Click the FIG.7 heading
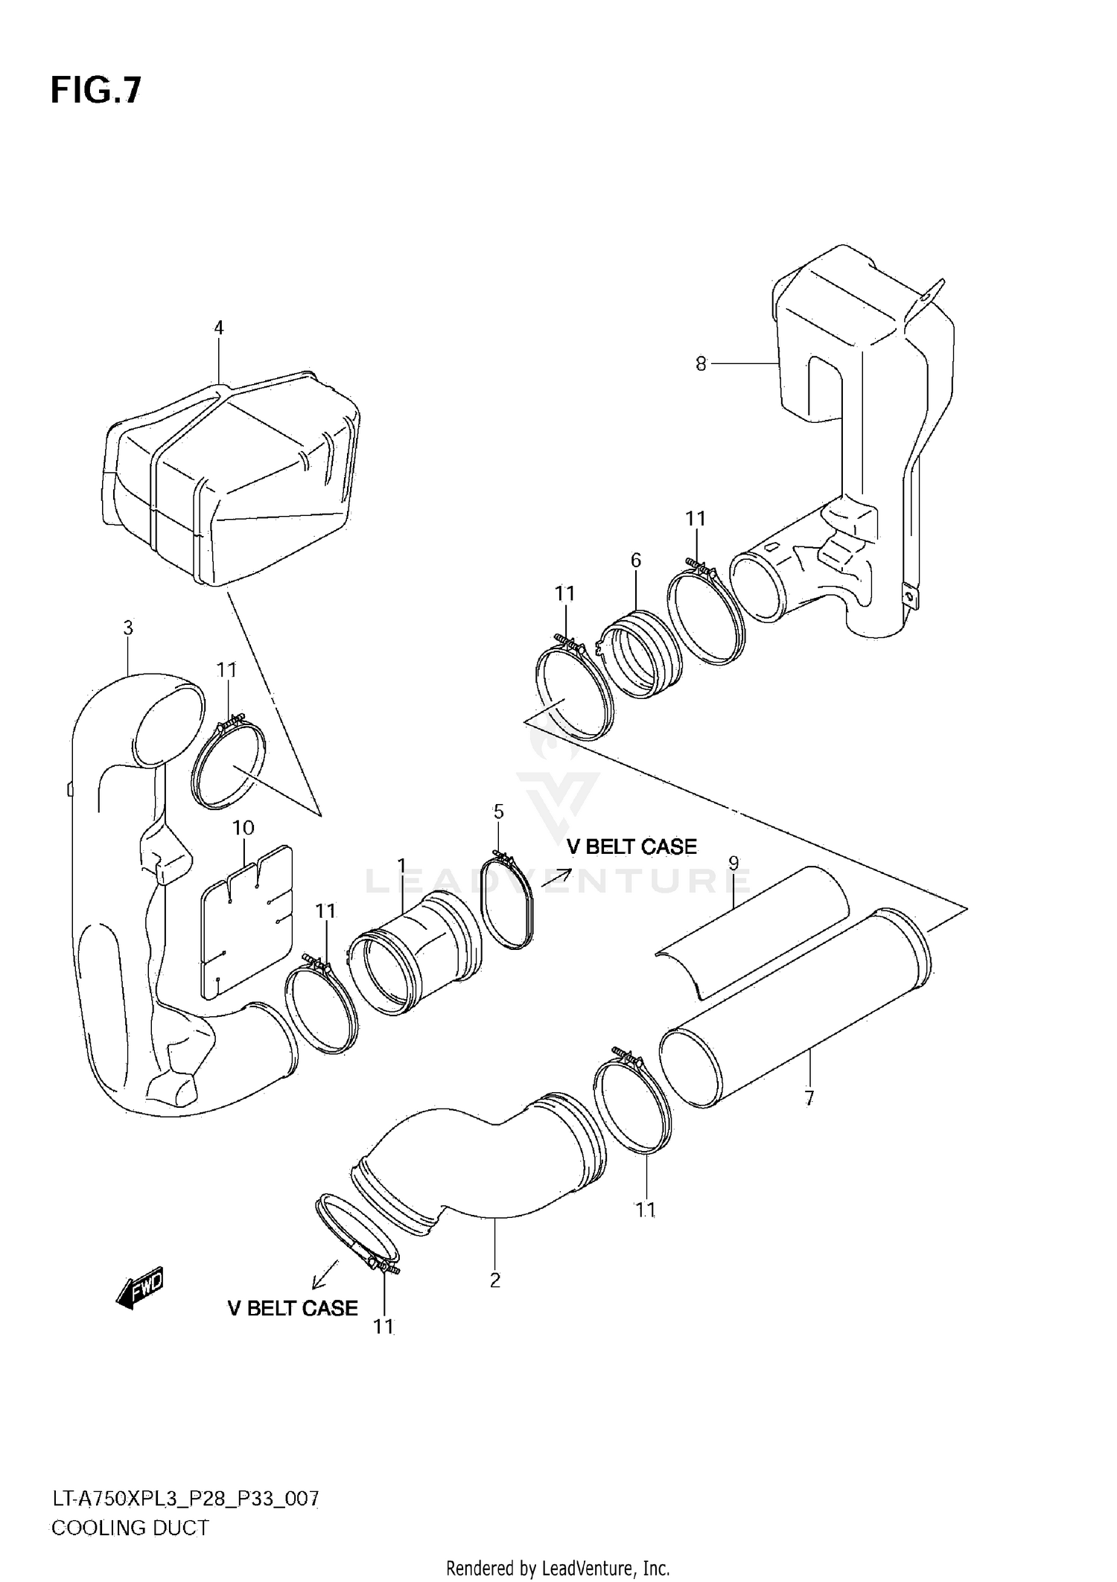click(x=95, y=90)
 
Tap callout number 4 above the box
click(x=218, y=328)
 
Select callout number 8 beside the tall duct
click(x=701, y=364)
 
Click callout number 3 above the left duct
click(x=128, y=628)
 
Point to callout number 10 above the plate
click(x=243, y=828)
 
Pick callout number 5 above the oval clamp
click(x=498, y=811)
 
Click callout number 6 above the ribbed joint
click(x=635, y=560)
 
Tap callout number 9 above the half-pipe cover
click(x=733, y=864)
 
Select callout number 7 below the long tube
click(x=809, y=1097)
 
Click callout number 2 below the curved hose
click(x=495, y=1280)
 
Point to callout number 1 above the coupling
click(x=401, y=865)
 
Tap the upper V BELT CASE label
click(x=631, y=846)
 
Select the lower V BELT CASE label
click(x=292, y=1329)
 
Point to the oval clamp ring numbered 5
click(x=509, y=905)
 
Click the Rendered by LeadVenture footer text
click(x=558, y=1569)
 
